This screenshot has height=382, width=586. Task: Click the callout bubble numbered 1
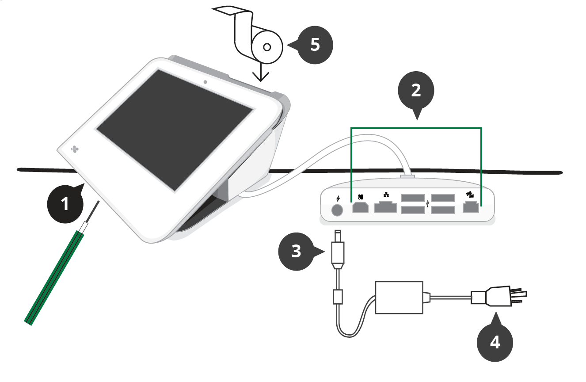[x=65, y=204]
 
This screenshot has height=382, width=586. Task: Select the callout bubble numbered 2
[x=416, y=91]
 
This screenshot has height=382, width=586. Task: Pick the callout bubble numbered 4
[x=495, y=342]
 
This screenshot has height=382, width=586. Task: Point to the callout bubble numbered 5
[x=315, y=45]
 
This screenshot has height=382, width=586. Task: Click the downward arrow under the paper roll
[x=261, y=73]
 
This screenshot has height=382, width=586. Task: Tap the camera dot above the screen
[x=205, y=82]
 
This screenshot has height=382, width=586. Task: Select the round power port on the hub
[x=337, y=210]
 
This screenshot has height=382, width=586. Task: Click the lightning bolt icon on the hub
[x=338, y=198]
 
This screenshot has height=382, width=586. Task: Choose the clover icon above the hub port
[x=360, y=197]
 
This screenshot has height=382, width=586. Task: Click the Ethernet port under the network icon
[x=385, y=207]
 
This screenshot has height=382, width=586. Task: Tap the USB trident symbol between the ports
[x=428, y=204]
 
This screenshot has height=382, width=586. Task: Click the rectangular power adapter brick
[x=399, y=297]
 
